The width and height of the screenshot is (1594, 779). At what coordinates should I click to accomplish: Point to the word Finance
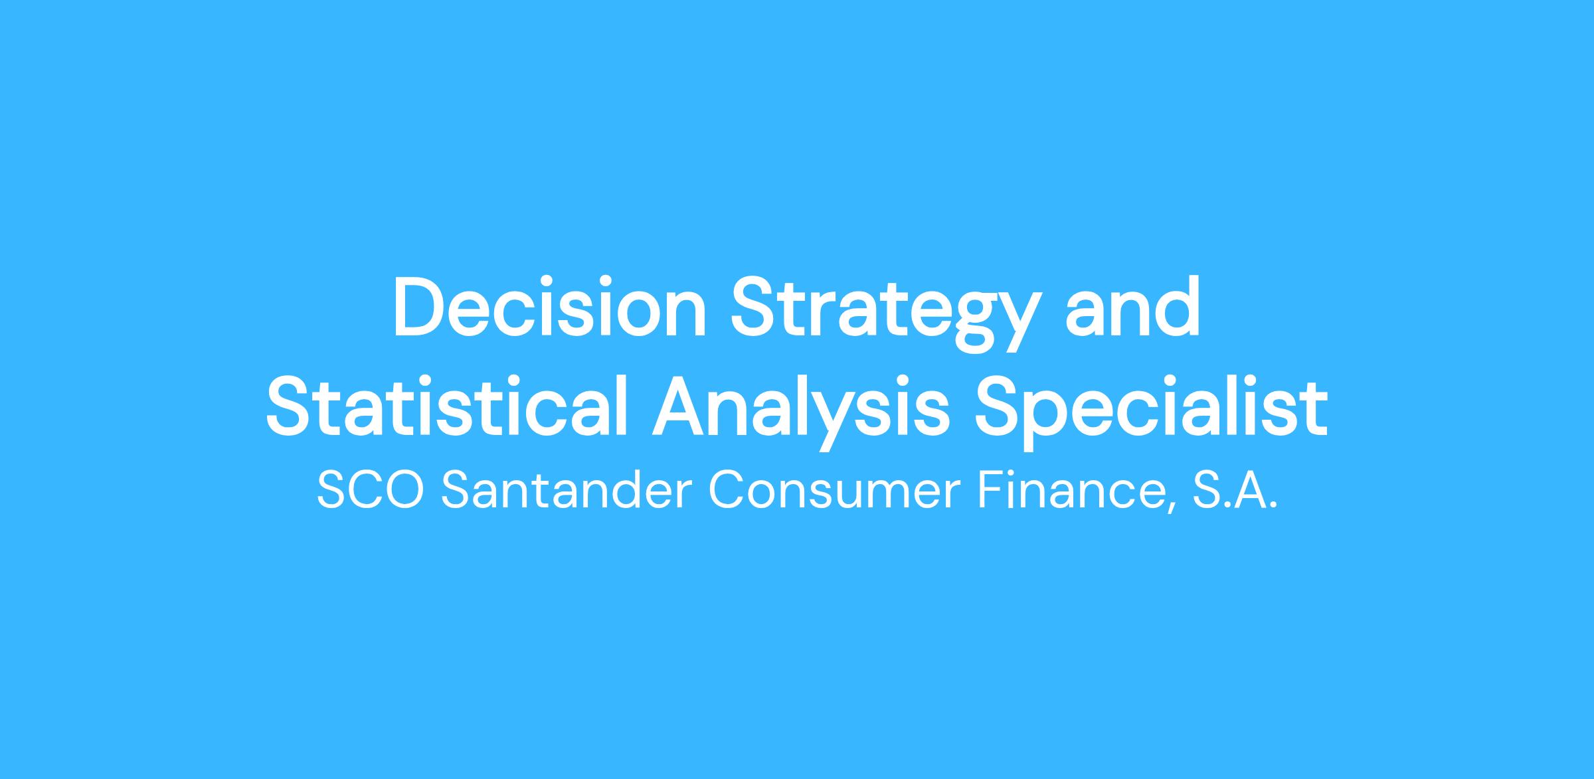1075,491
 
